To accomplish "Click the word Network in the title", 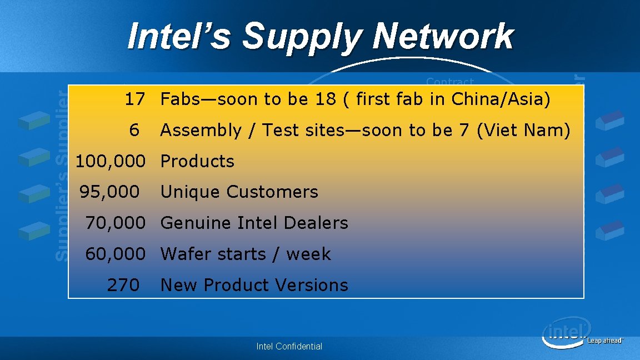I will [443, 37].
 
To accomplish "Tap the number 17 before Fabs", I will [134, 99].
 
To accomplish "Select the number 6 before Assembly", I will [134, 131].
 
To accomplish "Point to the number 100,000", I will [110, 162].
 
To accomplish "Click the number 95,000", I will [109, 192].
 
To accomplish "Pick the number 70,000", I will [115, 223].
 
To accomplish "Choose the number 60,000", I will [115, 254].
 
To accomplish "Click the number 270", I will [123, 286].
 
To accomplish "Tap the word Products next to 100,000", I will [197, 162].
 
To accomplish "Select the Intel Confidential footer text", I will [289, 346].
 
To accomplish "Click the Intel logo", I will [565, 332].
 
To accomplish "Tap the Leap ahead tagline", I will [606, 341].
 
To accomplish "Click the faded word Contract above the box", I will [449, 81].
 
